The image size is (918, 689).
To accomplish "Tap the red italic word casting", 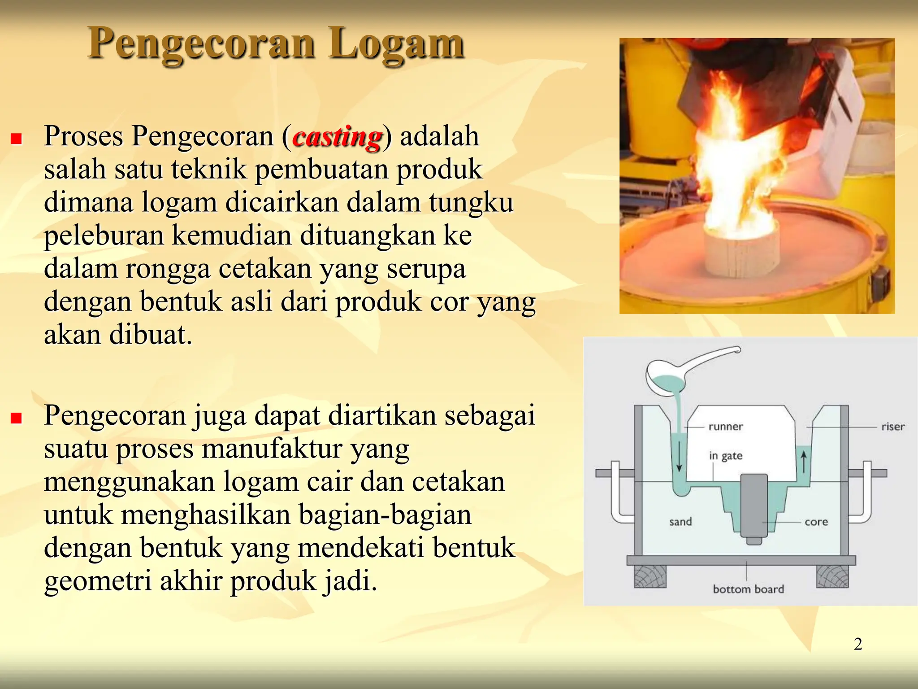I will tap(337, 137).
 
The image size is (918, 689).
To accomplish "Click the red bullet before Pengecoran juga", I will tap(17, 418).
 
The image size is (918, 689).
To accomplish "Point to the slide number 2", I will tap(858, 644).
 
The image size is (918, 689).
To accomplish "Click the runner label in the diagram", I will tap(725, 427).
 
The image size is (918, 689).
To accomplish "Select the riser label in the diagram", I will tap(892, 427).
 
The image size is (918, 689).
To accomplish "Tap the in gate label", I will tap(725, 456).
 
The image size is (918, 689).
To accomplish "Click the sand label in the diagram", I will tap(680, 522).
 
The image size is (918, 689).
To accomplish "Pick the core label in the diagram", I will tap(816, 522).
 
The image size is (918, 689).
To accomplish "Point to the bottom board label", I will tap(748, 589).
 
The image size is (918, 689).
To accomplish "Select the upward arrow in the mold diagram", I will tap(804, 462).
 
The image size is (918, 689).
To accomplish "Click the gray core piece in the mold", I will tap(754, 507).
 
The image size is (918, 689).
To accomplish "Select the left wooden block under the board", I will tap(650, 576).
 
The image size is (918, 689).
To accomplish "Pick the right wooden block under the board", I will tap(832, 576).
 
